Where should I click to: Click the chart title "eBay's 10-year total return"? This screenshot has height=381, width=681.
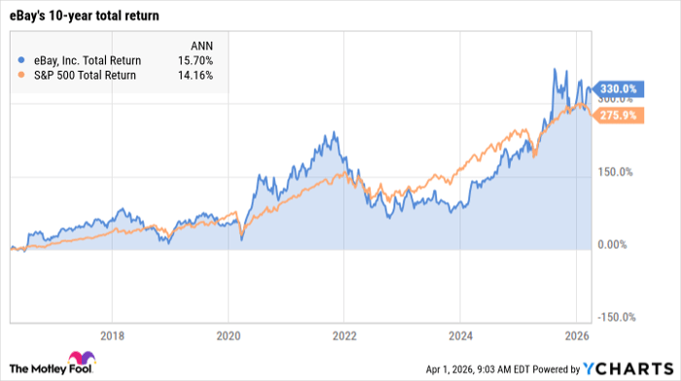click(86, 17)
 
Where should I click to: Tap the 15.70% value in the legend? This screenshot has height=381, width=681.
click(196, 60)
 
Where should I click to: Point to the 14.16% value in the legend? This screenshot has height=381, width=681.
click(196, 75)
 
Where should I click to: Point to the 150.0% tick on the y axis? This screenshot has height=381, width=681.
click(614, 172)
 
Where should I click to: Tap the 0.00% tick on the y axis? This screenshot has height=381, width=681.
click(614, 245)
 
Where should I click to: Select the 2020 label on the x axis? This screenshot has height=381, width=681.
click(228, 333)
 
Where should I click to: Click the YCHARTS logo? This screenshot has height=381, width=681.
click(631, 367)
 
